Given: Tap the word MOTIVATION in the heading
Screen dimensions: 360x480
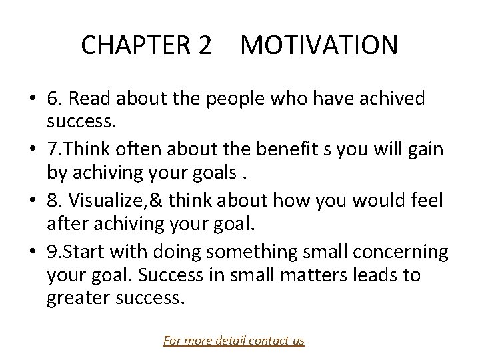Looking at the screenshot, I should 319,45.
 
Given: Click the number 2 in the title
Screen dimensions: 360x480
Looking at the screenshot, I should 205,45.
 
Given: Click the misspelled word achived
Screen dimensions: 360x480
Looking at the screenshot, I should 396,99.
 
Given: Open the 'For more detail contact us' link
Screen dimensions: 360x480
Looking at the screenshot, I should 234,341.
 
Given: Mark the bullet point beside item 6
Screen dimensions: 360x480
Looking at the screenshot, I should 32,100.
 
